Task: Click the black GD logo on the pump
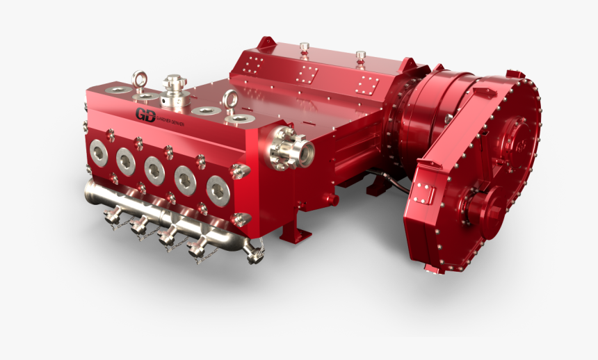click(145, 115)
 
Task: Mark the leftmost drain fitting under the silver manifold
click(110, 218)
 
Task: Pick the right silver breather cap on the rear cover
click(360, 55)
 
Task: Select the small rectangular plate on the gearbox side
click(422, 197)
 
